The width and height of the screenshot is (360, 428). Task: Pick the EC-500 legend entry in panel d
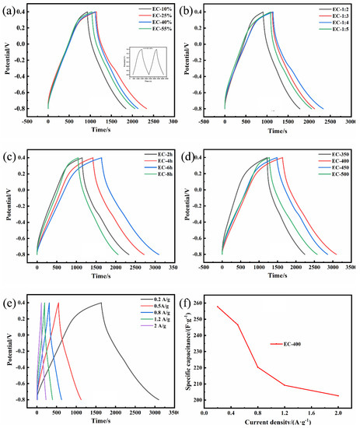[x=334, y=184]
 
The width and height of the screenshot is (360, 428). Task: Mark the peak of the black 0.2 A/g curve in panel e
[x=100, y=303]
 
